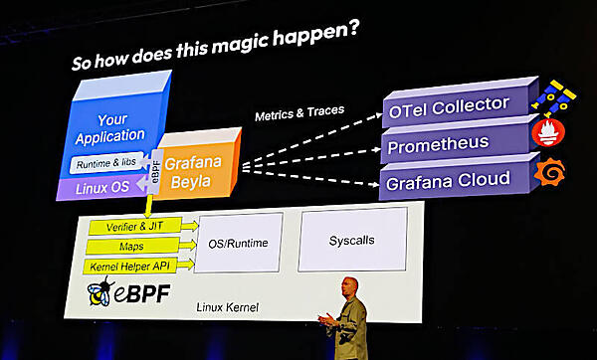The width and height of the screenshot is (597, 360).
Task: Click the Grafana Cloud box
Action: pyautogui.click(x=448, y=180)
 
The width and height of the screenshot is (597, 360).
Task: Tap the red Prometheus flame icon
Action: pyautogui.click(x=547, y=132)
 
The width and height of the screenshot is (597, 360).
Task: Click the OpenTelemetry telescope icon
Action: pyautogui.click(x=552, y=96)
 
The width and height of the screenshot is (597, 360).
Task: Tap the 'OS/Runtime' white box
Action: pyautogui.click(x=238, y=241)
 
